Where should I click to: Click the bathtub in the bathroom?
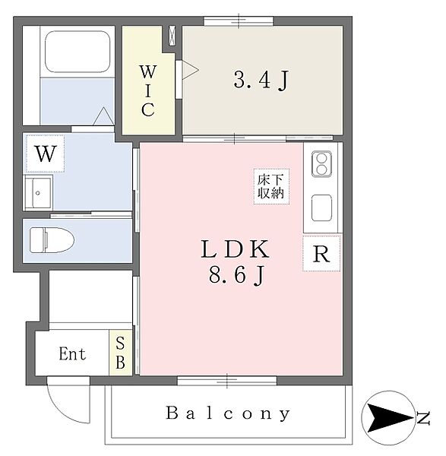pyautogui.click(x=77, y=52)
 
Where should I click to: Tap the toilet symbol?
pyautogui.click(x=52, y=240)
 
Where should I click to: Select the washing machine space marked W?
pyautogui.click(x=46, y=154)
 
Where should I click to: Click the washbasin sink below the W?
pyautogui.click(x=39, y=192)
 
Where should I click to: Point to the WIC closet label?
pyautogui.click(x=148, y=90)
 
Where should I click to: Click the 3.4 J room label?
pyautogui.click(x=261, y=80)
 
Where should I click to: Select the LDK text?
pyautogui.click(x=236, y=249)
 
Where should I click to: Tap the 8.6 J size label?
pyautogui.click(x=236, y=275)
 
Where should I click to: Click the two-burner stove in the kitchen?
pyautogui.click(x=321, y=164)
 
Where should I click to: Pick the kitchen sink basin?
pyautogui.click(x=321, y=208)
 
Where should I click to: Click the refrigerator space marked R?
pyautogui.click(x=321, y=254)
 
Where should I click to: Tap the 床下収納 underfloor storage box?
pyautogui.click(x=271, y=186)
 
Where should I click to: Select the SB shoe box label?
pyautogui.click(x=120, y=353)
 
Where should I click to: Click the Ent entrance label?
pyautogui.click(x=72, y=353)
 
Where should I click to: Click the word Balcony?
pyautogui.click(x=228, y=413)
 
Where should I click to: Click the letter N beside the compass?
pyautogui.click(x=423, y=418)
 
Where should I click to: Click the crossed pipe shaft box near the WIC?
pyautogui.click(x=172, y=36)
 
